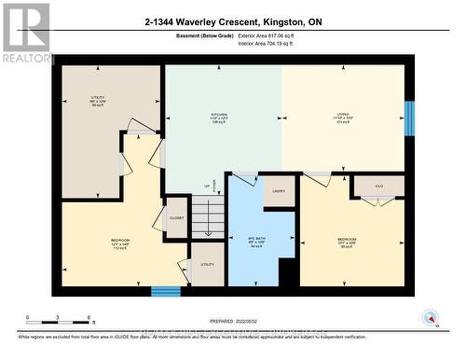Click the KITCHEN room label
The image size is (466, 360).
click(x=219, y=118)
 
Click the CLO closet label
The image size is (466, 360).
click(x=378, y=186)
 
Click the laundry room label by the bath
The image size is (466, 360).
click(x=279, y=191)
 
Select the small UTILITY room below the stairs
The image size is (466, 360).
click(x=207, y=265)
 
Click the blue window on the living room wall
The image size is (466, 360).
click(x=408, y=118)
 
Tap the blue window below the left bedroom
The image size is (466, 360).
click(x=166, y=291)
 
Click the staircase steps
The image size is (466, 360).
click(x=207, y=216)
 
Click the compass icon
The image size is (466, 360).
click(x=430, y=317)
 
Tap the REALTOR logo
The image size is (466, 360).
click(x=26, y=34)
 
